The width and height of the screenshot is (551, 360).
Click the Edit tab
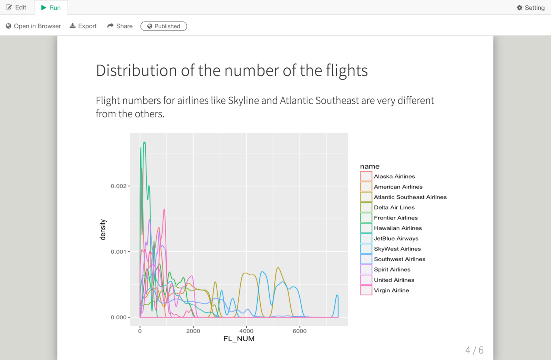click(x=16, y=7)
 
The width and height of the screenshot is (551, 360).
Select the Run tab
click(x=51, y=8)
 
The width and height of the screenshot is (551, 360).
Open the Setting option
click(x=531, y=8)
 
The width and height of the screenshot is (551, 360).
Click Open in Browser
click(x=33, y=26)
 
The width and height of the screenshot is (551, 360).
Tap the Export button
click(x=83, y=26)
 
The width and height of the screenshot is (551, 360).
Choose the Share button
click(x=120, y=26)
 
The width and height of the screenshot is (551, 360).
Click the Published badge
click(x=164, y=26)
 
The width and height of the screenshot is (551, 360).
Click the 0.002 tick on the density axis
click(x=118, y=186)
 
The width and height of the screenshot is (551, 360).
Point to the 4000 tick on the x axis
click(x=246, y=331)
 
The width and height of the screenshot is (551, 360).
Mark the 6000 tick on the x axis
click(x=300, y=331)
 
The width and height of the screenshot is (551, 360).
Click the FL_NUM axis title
click(x=239, y=339)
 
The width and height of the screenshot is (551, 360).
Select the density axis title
click(x=103, y=230)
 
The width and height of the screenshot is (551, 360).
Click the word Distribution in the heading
click(x=137, y=71)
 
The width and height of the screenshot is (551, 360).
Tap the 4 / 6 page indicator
click(x=474, y=350)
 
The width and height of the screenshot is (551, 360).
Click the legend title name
click(x=370, y=167)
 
